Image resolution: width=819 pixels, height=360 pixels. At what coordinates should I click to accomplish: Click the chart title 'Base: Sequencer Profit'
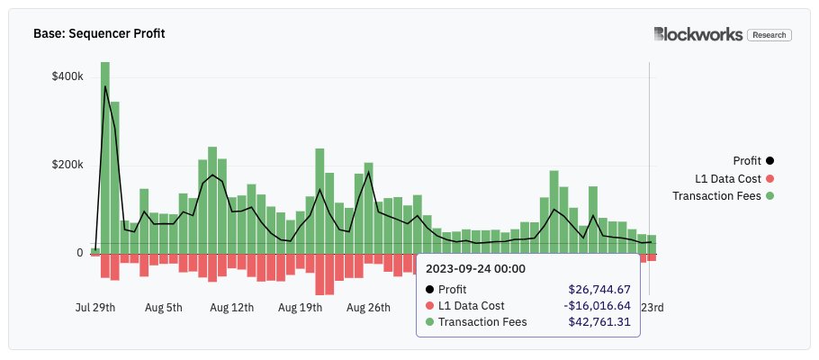tap(99, 34)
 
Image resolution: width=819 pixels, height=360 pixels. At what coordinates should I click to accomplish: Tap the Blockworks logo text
tap(698, 34)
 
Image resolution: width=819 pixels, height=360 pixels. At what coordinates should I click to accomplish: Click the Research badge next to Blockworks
tap(769, 35)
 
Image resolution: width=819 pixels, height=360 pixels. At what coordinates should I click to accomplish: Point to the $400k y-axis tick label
tap(67, 77)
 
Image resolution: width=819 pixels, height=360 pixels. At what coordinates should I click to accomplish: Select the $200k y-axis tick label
tap(67, 165)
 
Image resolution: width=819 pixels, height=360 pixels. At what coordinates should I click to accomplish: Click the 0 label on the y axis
tap(79, 253)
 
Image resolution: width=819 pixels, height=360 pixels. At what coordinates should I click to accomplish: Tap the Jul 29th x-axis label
tap(95, 307)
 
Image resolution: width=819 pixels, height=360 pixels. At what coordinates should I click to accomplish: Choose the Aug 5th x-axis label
tap(164, 307)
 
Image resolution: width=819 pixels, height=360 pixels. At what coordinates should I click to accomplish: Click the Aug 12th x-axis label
tap(231, 307)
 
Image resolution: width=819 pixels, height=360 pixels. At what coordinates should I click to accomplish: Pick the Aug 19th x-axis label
tap(300, 307)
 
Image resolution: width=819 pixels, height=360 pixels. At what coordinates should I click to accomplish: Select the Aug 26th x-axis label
tap(368, 307)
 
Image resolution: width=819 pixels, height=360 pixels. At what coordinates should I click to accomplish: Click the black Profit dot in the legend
tap(769, 161)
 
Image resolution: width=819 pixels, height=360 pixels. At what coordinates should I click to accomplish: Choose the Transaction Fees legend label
tap(716, 195)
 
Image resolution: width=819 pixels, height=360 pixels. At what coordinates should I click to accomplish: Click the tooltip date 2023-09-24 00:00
tap(475, 268)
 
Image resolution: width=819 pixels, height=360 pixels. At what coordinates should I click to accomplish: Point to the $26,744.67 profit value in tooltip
tap(598, 289)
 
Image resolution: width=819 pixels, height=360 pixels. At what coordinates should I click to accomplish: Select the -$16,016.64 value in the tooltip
tap(597, 305)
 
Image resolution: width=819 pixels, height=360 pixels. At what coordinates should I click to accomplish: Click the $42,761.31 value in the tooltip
tap(598, 321)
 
